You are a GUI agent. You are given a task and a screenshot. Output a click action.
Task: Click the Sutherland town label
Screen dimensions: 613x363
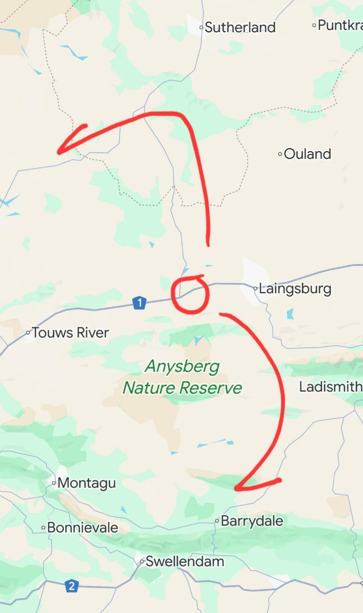pyautogui.click(x=240, y=27)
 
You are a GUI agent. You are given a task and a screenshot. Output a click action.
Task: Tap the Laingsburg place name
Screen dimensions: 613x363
pyautogui.click(x=295, y=289)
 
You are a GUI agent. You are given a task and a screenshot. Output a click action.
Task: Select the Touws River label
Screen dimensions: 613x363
pyautogui.click(x=70, y=333)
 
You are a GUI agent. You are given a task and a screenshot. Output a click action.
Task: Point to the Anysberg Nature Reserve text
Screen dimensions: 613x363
pyautogui.click(x=182, y=377)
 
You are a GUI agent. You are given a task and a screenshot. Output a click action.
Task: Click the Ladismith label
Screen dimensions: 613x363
pyautogui.click(x=330, y=387)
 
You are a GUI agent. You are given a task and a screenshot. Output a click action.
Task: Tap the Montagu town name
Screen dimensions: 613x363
pyautogui.click(x=87, y=483)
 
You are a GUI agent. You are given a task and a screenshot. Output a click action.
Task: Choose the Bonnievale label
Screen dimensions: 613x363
pyautogui.click(x=82, y=528)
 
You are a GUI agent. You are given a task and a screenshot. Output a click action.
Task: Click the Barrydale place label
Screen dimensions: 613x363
pyautogui.click(x=252, y=522)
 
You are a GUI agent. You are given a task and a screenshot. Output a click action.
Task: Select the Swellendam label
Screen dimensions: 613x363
pyautogui.click(x=185, y=562)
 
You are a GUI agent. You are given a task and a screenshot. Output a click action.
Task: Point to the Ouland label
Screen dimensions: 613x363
pyautogui.click(x=307, y=154)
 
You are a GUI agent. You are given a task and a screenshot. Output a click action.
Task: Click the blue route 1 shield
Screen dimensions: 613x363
pyautogui.click(x=139, y=303)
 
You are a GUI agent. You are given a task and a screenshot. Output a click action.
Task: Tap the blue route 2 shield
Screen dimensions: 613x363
pyautogui.click(x=72, y=586)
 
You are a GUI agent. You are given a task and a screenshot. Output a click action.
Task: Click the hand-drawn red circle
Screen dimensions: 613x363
pyautogui.click(x=190, y=294)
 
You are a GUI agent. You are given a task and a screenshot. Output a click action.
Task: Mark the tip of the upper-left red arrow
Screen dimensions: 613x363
pyautogui.click(x=59, y=152)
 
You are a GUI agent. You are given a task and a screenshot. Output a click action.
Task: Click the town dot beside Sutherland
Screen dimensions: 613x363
pyautogui.click(x=201, y=27)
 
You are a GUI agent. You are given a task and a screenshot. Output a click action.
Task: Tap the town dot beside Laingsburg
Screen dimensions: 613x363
pyautogui.click(x=255, y=289)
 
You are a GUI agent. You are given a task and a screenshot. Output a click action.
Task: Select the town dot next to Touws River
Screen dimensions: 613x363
pyautogui.click(x=29, y=333)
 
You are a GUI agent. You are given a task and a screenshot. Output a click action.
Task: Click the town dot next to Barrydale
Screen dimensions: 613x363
pyautogui.click(x=217, y=522)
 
